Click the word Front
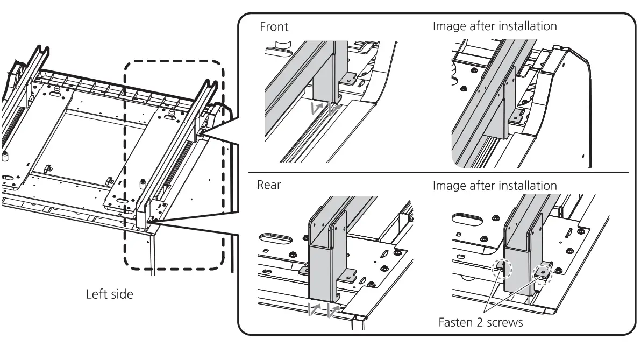(274, 27)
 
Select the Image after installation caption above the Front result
(495, 26)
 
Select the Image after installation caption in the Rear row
(495, 186)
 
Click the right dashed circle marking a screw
(543, 273)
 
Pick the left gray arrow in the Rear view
(315, 309)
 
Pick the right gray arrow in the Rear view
(333, 309)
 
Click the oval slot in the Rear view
(274, 237)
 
